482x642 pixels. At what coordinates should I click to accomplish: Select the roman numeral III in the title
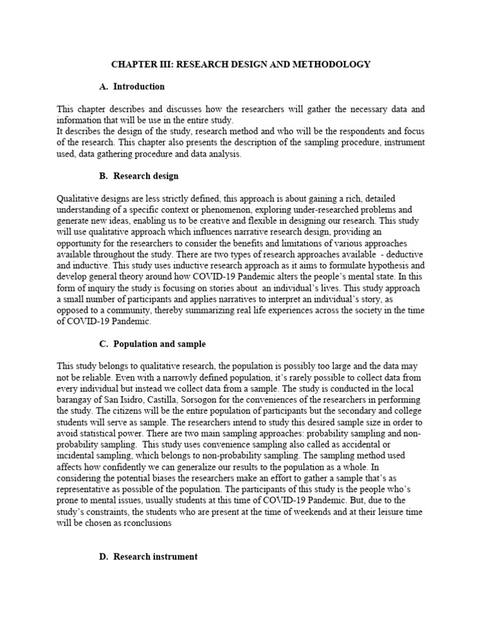(x=159, y=65)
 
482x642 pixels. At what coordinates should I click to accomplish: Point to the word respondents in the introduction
(x=346, y=131)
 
